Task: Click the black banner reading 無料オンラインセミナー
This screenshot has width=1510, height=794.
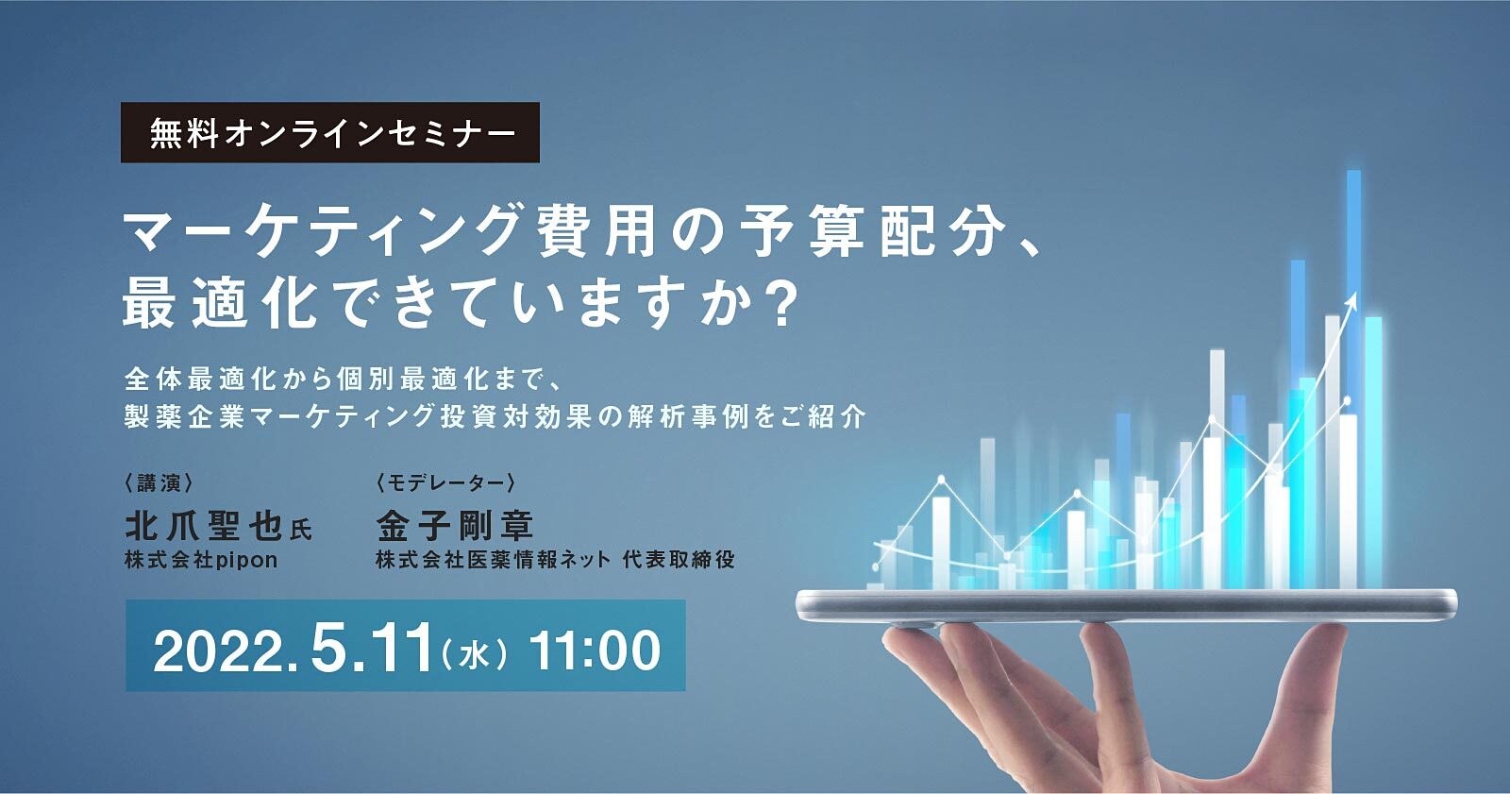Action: pos(330,133)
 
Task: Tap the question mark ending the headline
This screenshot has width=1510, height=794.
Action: pos(780,305)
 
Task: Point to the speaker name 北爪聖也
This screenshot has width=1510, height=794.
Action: pos(204,526)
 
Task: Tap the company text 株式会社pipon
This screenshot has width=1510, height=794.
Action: pos(201,560)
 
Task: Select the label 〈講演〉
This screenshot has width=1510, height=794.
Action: pos(159,483)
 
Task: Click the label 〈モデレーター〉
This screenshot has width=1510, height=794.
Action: pos(445,483)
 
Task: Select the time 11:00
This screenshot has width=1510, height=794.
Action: pos(595,650)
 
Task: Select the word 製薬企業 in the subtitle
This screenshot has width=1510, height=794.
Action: pos(185,415)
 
